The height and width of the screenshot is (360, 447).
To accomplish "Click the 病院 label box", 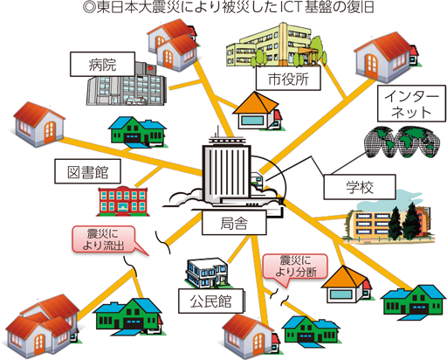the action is click(102, 65).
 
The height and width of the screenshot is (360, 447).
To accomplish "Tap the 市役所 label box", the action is click(288, 78).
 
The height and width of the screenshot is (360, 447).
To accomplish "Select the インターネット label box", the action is click(411, 103).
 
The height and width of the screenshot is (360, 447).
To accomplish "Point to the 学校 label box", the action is click(360, 187).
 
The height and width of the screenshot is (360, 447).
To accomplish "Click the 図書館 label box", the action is click(87, 171).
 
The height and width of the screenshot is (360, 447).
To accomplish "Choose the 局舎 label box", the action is click(234, 223).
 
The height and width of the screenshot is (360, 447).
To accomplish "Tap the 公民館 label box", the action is click(211, 301).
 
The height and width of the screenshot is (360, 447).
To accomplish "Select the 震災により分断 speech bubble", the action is click(295, 267).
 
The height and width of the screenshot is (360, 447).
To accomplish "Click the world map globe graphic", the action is click(402, 142).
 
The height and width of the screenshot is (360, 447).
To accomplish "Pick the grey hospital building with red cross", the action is click(127, 84).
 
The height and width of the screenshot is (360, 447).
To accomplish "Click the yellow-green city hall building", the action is click(274, 45).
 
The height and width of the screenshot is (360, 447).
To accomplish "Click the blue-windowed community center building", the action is click(207, 273).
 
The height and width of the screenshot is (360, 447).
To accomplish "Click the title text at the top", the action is click(229, 8).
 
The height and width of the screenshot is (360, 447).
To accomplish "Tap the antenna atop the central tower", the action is click(217, 132).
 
